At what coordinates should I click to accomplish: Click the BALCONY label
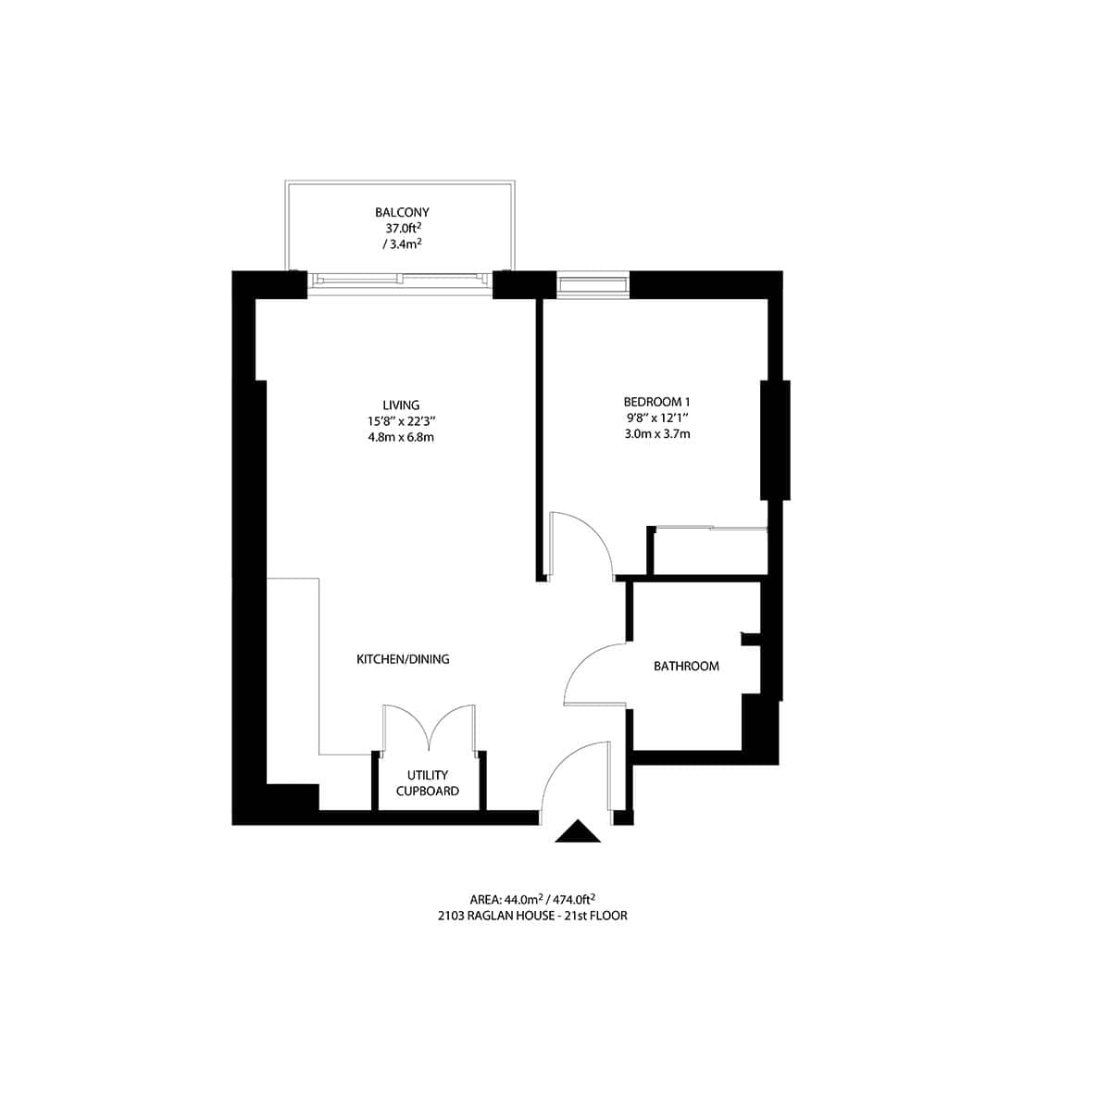402,212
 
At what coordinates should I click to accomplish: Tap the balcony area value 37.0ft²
402,228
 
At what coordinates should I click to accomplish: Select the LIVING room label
401,405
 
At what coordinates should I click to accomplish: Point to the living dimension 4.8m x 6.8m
401,437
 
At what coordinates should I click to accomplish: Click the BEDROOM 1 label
657,402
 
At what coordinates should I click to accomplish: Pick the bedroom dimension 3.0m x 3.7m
657,433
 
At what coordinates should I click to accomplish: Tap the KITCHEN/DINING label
403,659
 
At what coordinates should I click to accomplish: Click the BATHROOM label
686,666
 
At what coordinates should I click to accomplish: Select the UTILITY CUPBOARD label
428,783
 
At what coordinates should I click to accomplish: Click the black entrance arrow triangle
579,832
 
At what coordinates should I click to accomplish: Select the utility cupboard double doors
429,727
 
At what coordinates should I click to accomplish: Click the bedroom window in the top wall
593,284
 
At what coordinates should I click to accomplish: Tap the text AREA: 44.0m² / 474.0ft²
531,899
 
